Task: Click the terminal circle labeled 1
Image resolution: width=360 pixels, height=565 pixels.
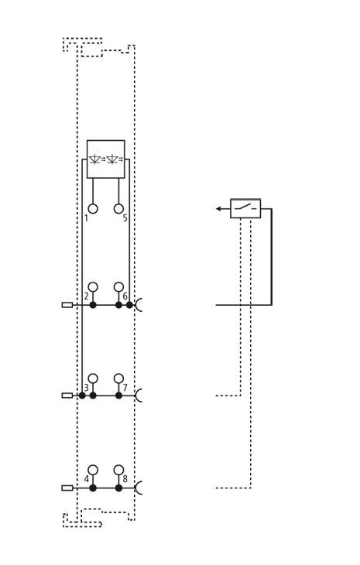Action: tap(93, 209)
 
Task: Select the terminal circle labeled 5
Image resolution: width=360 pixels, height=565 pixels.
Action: tap(118, 209)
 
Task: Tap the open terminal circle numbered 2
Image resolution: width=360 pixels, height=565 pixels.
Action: tap(93, 287)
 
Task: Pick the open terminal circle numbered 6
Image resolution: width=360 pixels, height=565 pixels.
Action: tap(118, 287)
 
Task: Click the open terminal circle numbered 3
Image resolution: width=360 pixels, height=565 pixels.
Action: tap(93, 378)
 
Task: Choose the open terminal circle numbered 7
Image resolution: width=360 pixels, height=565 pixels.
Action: tap(118, 378)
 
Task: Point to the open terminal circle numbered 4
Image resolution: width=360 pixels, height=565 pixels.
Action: tap(93, 470)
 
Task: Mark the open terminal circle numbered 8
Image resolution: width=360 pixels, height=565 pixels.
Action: tap(118, 470)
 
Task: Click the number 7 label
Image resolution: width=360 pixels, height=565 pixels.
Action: tap(125, 388)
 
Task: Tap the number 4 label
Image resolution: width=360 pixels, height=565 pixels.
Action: tap(87, 479)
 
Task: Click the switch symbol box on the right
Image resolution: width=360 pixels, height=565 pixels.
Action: tap(245, 208)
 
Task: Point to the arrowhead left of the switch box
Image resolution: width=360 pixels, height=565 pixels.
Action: tap(218, 209)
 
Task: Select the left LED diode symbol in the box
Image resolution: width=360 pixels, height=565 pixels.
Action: tap(95, 159)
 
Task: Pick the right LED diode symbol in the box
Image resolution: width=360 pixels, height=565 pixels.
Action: tap(113, 159)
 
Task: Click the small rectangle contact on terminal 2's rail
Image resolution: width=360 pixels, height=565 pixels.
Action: tap(67, 305)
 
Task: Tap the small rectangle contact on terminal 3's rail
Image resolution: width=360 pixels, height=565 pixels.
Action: tap(67, 395)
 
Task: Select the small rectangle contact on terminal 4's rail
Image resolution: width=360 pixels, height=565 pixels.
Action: tap(67, 488)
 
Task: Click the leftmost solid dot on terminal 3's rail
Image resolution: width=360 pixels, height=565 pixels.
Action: tap(82, 395)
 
